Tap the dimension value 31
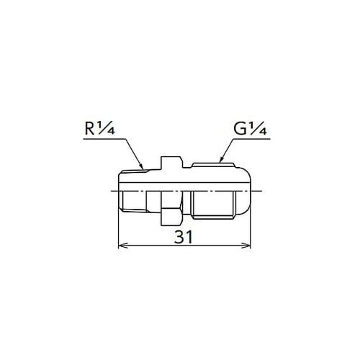(x=184, y=237)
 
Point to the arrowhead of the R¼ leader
(x=148, y=169)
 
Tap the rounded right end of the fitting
(x=248, y=191)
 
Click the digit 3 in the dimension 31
(x=179, y=237)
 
